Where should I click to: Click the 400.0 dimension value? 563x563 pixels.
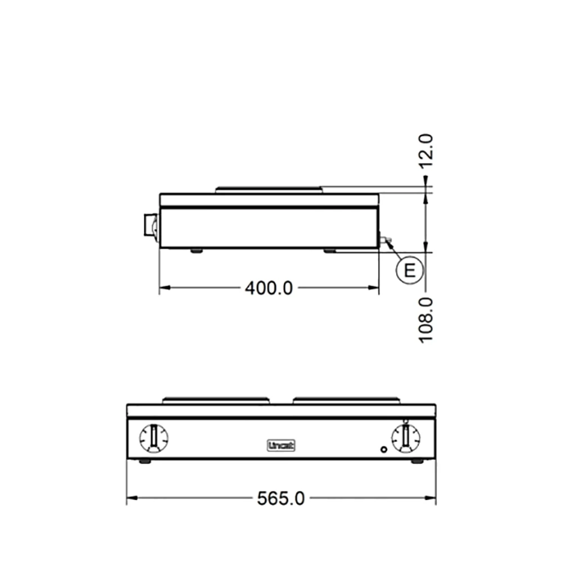click(x=269, y=288)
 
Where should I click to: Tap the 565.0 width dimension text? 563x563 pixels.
click(x=281, y=498)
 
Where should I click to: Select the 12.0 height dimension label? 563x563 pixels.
click(x=426, y=151)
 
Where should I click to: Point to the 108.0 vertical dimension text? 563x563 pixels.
click(x=426, y=319)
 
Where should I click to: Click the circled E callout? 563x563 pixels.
click(x=409, y=271)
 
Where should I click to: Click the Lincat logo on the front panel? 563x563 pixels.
click(x=281, y=445)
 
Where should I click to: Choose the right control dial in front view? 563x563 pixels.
click(x=405, y=438)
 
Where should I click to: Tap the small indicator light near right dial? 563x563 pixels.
click(x=384, y=450)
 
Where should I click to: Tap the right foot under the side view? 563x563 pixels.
click(x=330, y=250)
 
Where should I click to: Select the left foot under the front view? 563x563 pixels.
click(x=145, y=461)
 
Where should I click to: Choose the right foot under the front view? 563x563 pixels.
click(x=417, y=461)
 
